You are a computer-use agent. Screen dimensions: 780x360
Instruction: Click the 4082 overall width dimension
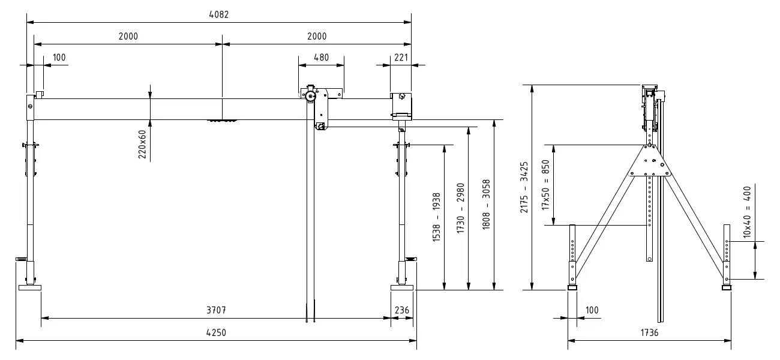(218, 14)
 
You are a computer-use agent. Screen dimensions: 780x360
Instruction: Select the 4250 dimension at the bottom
(216, 333)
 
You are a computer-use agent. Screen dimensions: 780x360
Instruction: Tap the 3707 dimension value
(216, 310)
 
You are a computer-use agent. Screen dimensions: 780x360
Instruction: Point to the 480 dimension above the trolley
(321, 58)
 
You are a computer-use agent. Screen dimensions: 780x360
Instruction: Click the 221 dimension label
(401, 58)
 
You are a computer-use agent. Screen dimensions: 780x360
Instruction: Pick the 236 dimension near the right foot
(401, 310)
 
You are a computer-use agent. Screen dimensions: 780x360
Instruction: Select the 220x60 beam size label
(142, 145)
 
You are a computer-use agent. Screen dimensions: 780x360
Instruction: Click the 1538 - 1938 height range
(436, 217)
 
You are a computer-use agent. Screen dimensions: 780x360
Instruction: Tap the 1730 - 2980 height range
(460, 208)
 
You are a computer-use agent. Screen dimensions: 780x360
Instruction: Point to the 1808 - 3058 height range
(486, 205)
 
